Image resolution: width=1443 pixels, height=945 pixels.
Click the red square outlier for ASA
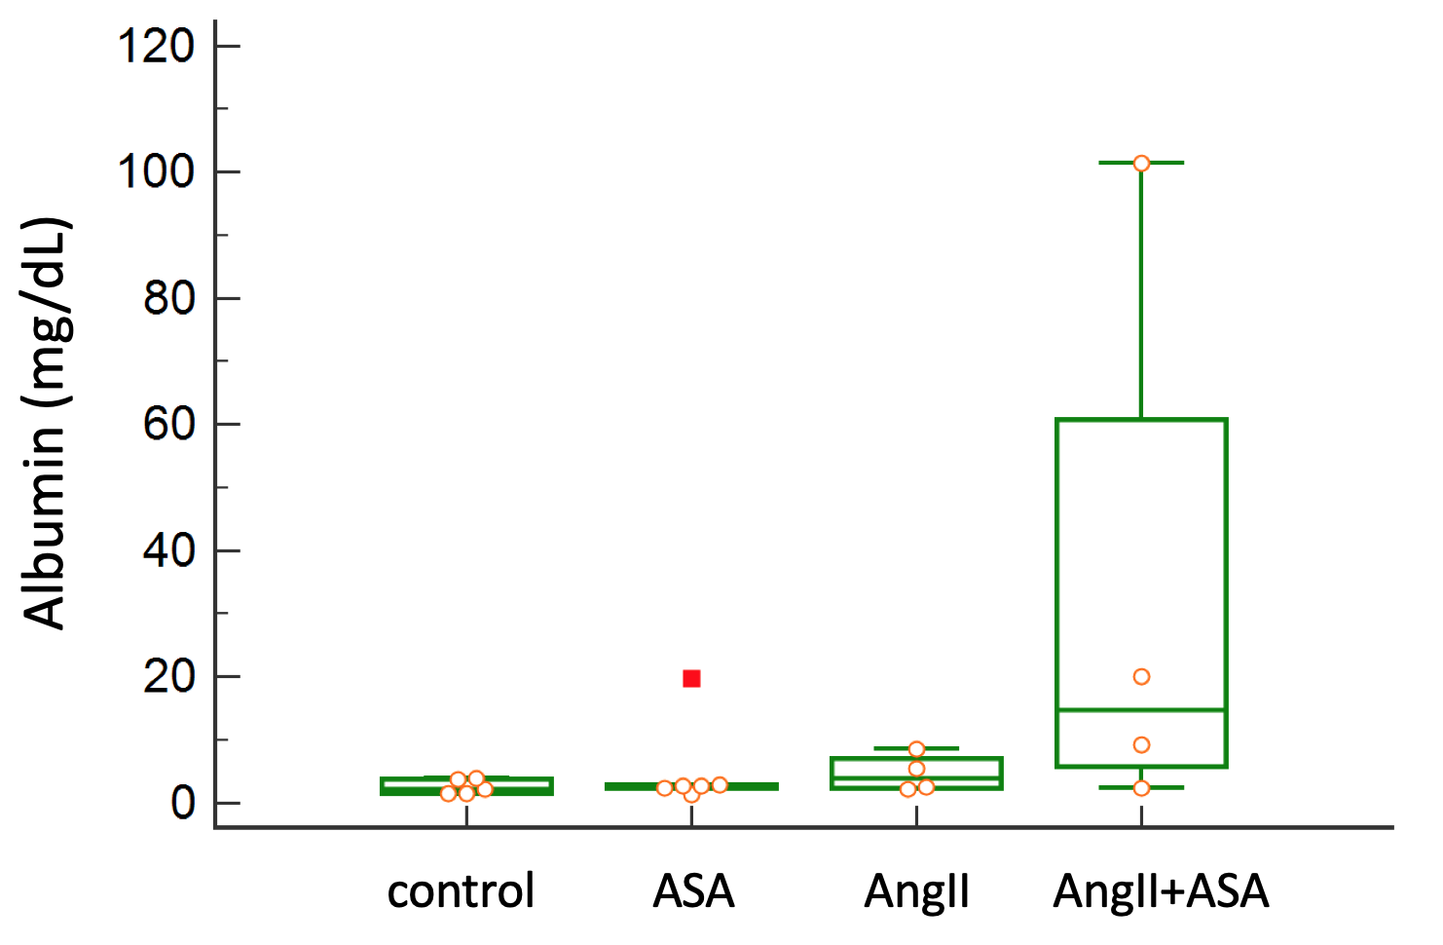coord(691,678)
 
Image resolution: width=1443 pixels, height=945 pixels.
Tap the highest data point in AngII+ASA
coord(1141,163)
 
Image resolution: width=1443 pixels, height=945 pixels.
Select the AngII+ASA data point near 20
coord(1141,676)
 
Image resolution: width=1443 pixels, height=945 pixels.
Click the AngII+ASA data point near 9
coord(1141,744)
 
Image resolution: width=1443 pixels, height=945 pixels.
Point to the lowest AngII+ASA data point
coord(1141,787)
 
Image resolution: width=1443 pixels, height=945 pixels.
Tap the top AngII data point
coord(916,749)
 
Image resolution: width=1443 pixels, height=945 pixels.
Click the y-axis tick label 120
coord(155,46)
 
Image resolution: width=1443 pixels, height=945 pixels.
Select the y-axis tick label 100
coord(155,171)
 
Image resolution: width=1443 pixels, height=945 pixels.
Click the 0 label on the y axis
coord(182,803)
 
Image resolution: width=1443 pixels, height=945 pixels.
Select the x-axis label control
coord(461,890)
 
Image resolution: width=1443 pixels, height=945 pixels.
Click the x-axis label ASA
coord(693,890)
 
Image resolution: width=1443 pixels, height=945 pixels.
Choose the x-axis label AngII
coord(916,890)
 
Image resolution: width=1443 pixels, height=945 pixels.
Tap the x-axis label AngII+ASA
coord(1161,890)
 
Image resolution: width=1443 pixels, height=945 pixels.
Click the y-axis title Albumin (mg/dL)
coord(46,424)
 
